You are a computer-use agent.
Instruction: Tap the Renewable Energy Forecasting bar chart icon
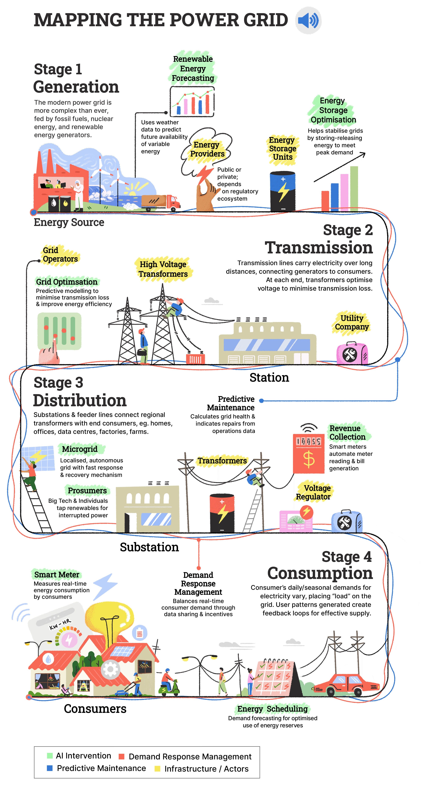pos(192,101)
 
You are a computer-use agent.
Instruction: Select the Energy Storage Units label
pos(282,149)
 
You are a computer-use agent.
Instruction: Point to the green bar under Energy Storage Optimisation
pos(354,189)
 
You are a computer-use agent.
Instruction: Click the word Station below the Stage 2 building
pos(269,378)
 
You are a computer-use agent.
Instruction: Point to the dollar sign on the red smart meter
pos(309,459)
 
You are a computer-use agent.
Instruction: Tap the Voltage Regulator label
pos(314,492)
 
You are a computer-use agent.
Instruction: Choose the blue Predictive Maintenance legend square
pos(50,768)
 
